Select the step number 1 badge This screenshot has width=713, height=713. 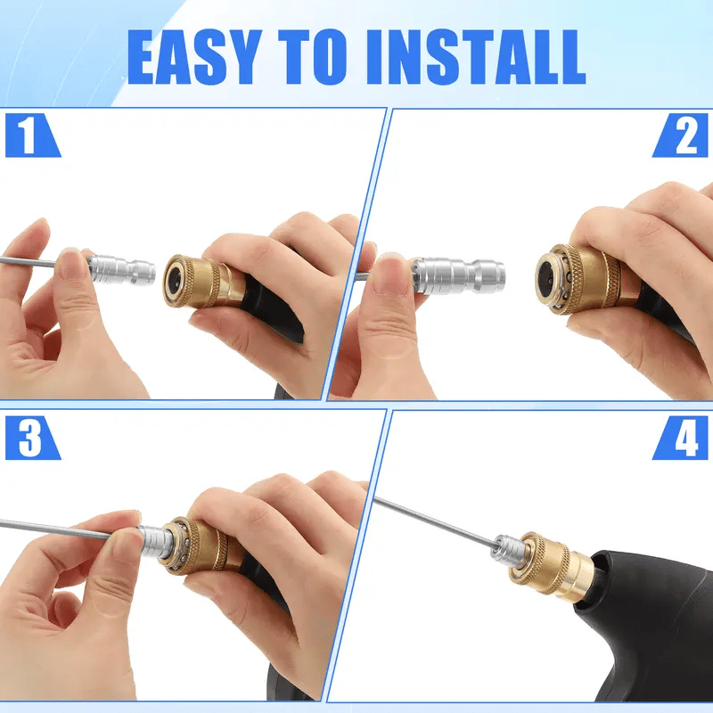tap(29, 136)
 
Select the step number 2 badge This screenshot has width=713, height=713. tap(683, 136)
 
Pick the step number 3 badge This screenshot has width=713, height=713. tap(29, 438)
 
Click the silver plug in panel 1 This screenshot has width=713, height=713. tap(122, 267)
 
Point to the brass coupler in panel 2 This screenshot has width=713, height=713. tap(579, 276)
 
